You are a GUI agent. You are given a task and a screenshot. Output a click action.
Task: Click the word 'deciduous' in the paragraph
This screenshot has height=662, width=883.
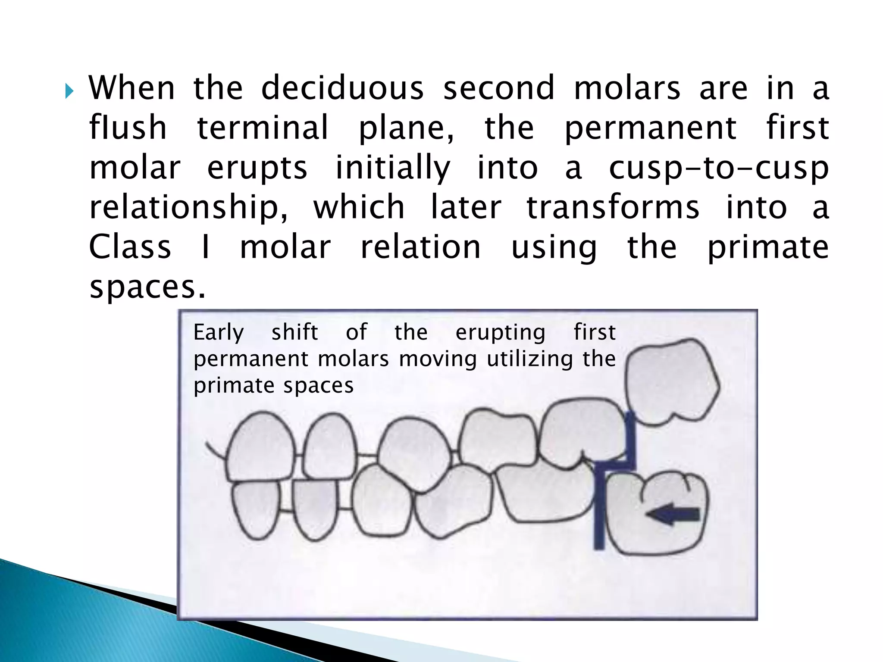pyautogui.click(x=342, y=88)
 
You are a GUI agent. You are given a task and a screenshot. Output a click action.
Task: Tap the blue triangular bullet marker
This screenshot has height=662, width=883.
pyautogui.click(x=69, y=91)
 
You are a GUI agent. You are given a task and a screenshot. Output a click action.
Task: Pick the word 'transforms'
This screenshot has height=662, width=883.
pyautogui.click(x=613, y=208)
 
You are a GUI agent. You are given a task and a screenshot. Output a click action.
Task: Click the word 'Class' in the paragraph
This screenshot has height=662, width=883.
pyautogui.click(x=130, y=247)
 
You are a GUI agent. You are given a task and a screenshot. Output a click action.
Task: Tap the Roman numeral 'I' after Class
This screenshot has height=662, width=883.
pyautogui.click(x=206, y=247)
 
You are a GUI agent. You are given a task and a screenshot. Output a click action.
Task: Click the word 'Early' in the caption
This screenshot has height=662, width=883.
pyautogui.click(x=219, y=333)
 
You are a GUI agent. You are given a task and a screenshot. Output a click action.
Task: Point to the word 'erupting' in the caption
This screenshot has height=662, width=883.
pyautogui.click(x=501, y=333)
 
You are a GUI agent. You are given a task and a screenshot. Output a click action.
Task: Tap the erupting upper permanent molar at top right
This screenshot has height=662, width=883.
pyautogui.click(x=670, y=381)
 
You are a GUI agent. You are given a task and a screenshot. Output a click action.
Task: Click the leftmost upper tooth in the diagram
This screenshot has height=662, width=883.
pyautogui.click(x=260, y=448)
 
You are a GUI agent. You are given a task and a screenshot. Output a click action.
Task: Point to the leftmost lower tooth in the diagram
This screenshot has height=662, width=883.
pyautogui.click(x=255, y=509)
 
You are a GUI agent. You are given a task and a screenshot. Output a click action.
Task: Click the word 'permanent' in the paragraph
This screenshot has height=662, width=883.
pyautogui.click(x=650, y=128)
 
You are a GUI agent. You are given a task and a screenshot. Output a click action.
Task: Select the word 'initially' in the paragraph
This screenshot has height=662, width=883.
pyautogui.click(x=393, y=168)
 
